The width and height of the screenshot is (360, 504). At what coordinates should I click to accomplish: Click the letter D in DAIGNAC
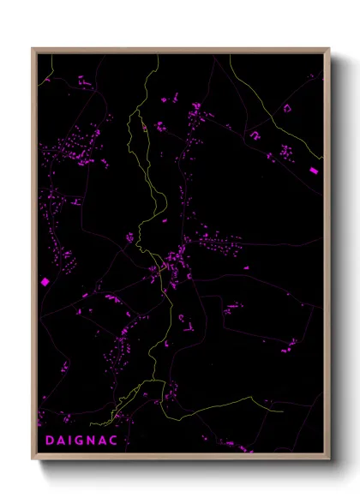pyautogui.click(x=49, y=441)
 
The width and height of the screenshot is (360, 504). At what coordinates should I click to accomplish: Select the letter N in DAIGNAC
pyautogui.click(x=98, y=441)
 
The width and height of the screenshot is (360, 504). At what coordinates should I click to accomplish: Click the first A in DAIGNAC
pyautogui.click(x=62, y=441)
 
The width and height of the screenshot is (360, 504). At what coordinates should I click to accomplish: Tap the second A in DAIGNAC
pyautogui.click(x=111, y=441)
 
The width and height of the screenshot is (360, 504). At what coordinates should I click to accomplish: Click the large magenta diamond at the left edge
pyautogui.click(x=45, y=281)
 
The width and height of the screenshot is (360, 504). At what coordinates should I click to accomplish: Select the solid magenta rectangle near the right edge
pyautogui.click(x=314, y=171)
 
